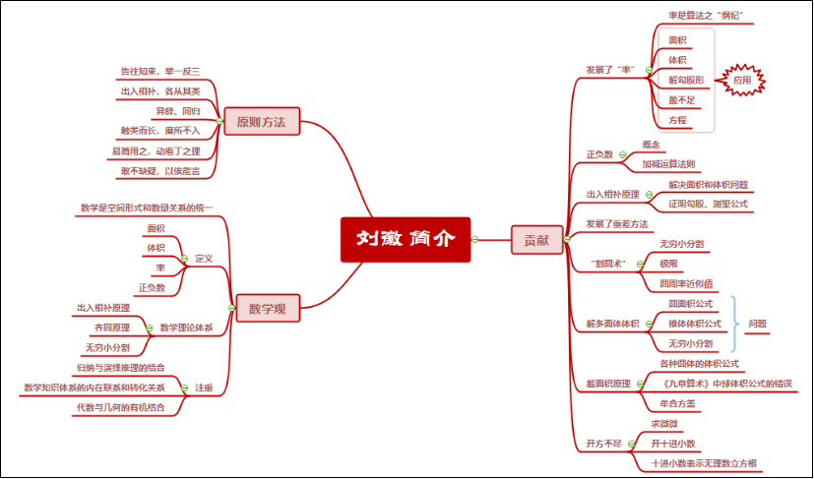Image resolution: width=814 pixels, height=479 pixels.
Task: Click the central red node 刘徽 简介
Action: click(x=406, y=239)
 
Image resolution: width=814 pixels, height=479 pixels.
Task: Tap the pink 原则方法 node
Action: click(x=261, y=123)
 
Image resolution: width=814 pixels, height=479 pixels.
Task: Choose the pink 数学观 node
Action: click(x=267, y=309)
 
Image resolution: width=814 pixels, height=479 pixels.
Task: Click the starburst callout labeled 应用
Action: click(x=741, y=80)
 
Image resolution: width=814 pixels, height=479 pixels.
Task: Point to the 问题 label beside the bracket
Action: click(x=757, y=323)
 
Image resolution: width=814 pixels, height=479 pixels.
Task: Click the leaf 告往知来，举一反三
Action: click(x=159, y=71)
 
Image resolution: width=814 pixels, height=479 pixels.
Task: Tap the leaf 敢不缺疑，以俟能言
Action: click(x=160, y=171)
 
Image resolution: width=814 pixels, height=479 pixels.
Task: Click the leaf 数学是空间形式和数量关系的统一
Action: click(x=146, y=208)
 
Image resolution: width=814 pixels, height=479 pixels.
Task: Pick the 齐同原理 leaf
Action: click(x=111, y=327)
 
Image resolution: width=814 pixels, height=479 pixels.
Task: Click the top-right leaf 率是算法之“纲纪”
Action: click(x=704, y=16)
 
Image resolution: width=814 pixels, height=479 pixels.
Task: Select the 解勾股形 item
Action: click(x=686, y=80)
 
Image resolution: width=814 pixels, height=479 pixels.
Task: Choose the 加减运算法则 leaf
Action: click(x=669, y=164)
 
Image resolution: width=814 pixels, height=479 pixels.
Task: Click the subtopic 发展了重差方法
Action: click(x=616, y=223)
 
